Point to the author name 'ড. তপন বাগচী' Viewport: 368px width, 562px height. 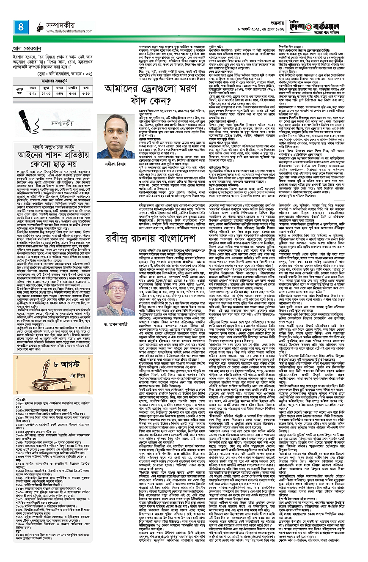116,314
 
